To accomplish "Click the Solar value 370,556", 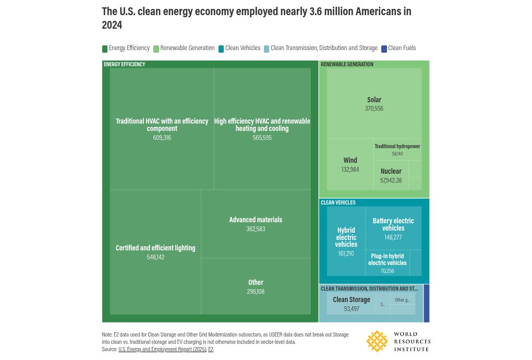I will point(374,109).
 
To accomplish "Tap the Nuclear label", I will point(391,171).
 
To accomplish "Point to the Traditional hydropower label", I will point(397,147).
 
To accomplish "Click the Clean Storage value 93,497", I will point(351,309).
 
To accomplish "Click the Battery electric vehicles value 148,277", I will point(393,237).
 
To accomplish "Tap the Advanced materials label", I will point(256,220).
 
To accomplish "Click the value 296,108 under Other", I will point(256,292).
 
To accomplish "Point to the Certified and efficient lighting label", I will point(155,248).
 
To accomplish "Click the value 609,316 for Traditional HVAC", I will point(162,138).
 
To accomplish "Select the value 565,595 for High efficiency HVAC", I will point(262,138).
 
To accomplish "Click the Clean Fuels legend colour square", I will point(384,49).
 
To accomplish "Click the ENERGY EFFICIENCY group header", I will point(125,65).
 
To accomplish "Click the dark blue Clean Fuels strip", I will point(426,303).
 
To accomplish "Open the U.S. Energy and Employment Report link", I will point(162,349).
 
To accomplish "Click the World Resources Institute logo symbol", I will point(377,341).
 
